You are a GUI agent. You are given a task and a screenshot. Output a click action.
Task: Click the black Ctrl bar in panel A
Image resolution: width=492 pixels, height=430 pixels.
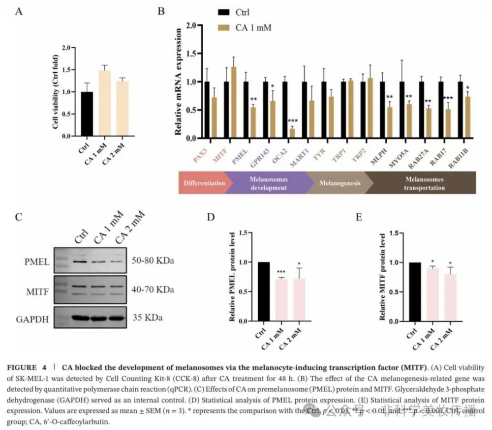87,113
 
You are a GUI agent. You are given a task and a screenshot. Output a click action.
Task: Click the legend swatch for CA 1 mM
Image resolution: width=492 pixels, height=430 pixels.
224,28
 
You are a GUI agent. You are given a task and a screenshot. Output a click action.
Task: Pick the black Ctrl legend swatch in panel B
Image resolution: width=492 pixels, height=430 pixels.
224,12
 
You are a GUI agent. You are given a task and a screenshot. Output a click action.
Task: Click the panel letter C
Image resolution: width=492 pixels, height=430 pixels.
19,217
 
